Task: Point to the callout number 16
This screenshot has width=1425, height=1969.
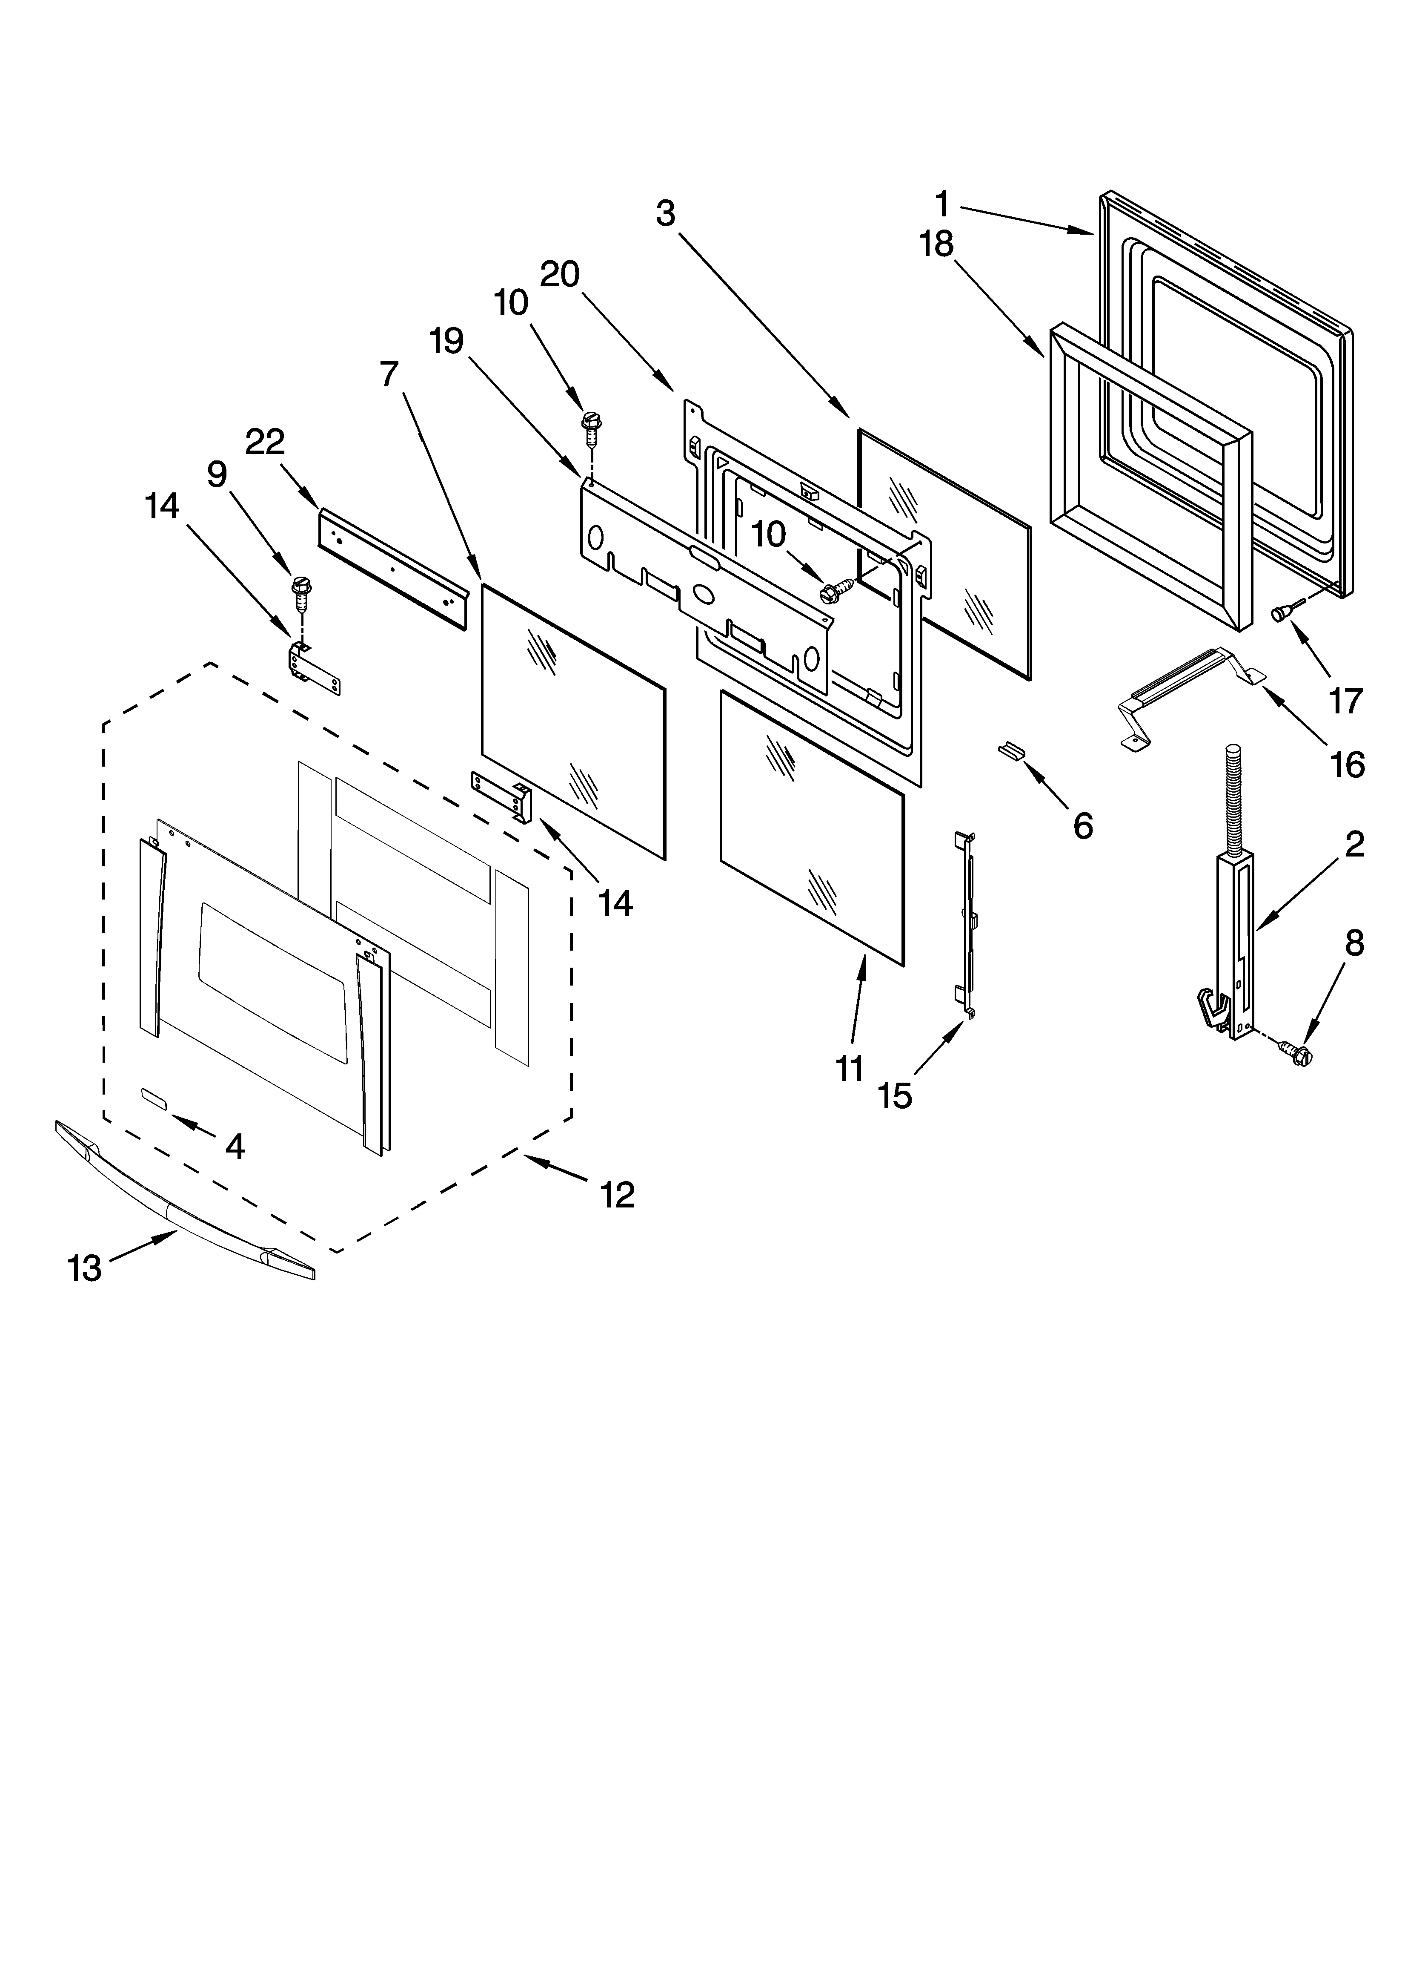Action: (1347, 765)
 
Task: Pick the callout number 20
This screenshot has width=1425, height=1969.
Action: (560, 274)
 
